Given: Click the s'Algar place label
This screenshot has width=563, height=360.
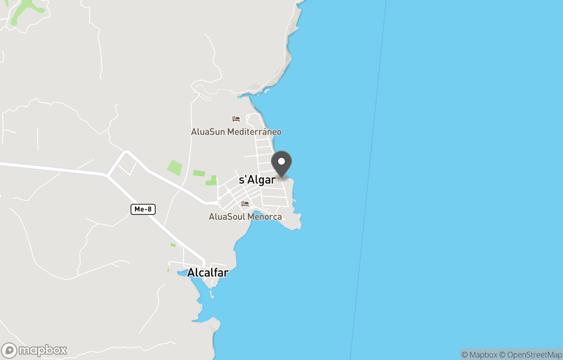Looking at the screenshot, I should [257, 180].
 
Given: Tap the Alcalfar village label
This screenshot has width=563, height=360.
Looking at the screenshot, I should [207, 272].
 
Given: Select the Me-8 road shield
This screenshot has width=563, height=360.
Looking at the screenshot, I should [143, 209].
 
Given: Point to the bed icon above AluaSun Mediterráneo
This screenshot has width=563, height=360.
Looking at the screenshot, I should [236, 119].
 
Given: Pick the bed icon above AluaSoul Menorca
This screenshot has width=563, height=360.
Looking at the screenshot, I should [245, 204].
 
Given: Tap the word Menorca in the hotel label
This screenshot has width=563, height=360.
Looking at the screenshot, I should [264, 217].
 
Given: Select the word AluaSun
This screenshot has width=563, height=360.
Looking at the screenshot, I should [207, 132].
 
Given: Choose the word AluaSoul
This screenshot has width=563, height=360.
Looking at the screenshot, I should [227, 217].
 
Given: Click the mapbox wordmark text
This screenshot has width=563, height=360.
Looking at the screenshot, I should [43, 350].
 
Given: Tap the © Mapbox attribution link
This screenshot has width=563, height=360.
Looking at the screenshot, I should [479, 355].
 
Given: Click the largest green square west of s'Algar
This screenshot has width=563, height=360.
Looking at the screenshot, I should [175, 167].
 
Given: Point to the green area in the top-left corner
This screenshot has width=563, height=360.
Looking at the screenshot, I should [23, 9].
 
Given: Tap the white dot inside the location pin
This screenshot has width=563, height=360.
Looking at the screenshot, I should [281, 161].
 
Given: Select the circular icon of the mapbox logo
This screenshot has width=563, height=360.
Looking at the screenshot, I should [9, 350].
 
